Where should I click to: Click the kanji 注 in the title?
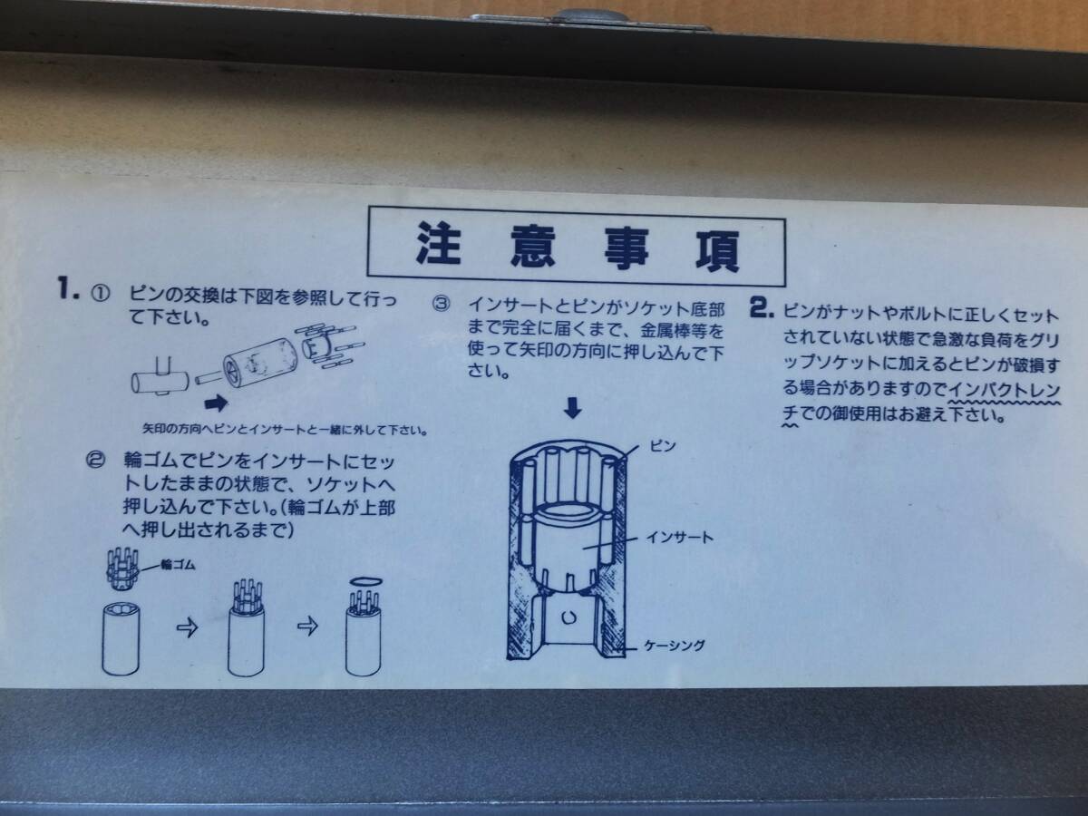pos(439,243)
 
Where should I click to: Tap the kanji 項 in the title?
pos(717,250)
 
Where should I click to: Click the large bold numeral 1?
pos(68,288)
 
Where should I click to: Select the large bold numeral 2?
pos(762,307)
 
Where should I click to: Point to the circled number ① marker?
pos(100,295)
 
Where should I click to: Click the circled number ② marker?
pos(95,461)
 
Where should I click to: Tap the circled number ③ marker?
pos(441,304)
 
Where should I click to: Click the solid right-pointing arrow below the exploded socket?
pos(216,403)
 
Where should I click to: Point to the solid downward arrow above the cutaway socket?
pos(572,408)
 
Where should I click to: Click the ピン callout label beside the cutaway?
pos(663,446)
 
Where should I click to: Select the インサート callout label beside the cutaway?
pos(679,538)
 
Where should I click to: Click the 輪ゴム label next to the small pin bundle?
pos(178,565)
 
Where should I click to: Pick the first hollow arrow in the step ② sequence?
pos(188,627)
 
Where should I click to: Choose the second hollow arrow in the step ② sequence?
pos(307,626)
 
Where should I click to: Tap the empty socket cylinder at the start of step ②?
pos(121,638)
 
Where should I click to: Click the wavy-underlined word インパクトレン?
pos(1004,390)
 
